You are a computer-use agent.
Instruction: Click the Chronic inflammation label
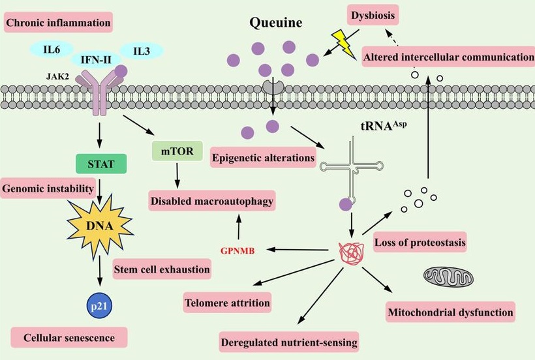pyautogui.click(x=57, y=24)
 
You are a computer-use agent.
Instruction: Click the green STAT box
pyautogui.click(x=101, y=164)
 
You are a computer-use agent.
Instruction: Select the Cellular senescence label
pyautogui.click(x=69, y=338)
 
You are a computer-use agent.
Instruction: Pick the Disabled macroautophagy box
pyautogui.click(x=212, y=200)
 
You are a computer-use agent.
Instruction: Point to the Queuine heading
pyautogui.click(x=276, y=23)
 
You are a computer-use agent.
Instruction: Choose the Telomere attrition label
pyautogui.click(x=226, y=303)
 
